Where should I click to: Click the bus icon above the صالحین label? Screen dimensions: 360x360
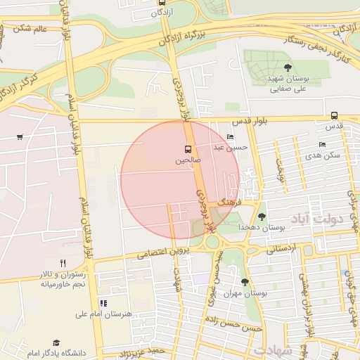point(188,149)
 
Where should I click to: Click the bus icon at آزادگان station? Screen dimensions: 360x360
point(163,3)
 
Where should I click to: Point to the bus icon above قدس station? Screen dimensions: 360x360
point(334,115)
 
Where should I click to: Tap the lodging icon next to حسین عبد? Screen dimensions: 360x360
point(231,137)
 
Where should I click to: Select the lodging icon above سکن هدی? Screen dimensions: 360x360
point(322,144)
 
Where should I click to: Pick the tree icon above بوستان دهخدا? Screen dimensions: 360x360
point(262,217)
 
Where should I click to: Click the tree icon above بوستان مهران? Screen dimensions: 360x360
point(245,282)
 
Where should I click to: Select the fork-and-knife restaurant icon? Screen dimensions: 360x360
point(63,263)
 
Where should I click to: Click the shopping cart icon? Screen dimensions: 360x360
point(19,136)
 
